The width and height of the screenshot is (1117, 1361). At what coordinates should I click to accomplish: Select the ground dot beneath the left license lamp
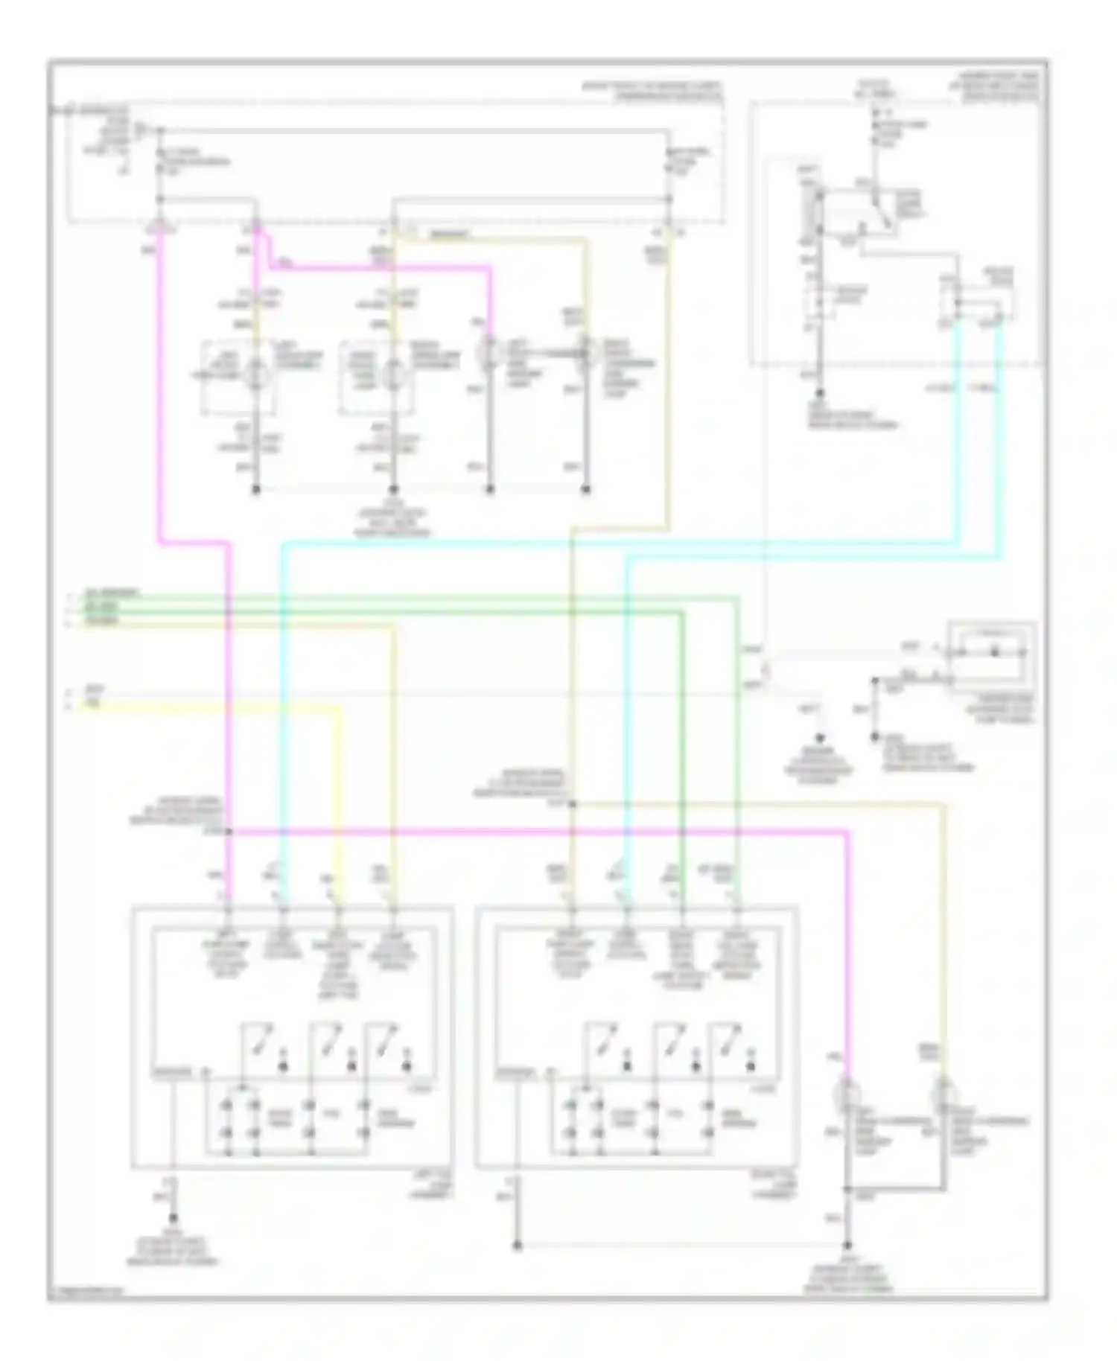256,490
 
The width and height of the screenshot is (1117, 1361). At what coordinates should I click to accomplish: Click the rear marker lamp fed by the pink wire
847,1094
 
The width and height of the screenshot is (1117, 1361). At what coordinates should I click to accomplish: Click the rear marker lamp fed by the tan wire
944,1094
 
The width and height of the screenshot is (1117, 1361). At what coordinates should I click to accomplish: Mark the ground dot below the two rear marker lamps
847,1246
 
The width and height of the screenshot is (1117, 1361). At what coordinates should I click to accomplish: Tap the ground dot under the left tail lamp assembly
173,1218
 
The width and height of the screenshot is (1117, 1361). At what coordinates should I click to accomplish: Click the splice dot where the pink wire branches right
229,831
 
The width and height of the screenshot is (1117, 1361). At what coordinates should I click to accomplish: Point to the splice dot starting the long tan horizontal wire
572,803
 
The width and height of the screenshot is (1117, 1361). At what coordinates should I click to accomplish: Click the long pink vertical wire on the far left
159,387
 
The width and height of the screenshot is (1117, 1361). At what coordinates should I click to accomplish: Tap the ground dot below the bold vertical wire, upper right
820,392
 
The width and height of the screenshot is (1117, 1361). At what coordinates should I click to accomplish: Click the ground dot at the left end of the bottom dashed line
518,1246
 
